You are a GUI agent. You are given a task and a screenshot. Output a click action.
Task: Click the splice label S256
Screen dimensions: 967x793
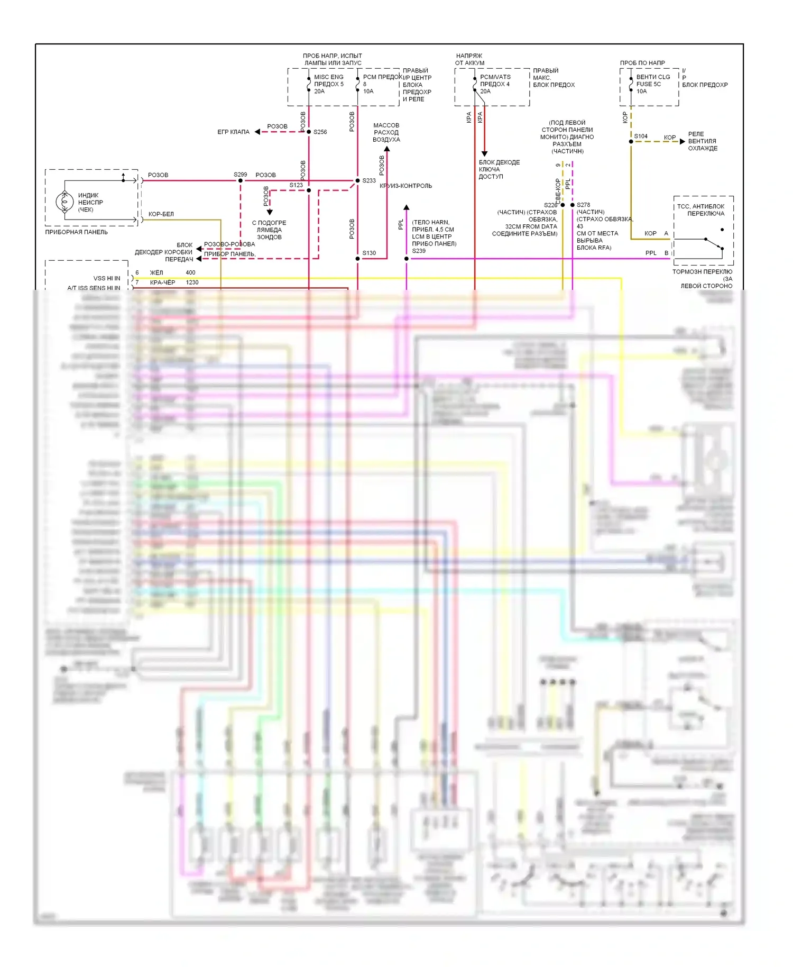(x=320, y=132)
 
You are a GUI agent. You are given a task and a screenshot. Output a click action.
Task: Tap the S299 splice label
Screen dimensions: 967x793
(x=240, y=175)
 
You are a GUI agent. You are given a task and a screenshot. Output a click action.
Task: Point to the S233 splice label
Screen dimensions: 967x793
(x=369, y=181)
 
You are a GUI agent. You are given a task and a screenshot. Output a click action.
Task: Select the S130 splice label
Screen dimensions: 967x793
(x=369, y=253)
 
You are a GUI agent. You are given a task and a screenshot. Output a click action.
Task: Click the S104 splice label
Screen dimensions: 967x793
(x=641, y=136)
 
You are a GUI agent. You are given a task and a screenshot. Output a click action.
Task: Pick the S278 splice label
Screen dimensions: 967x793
(x=583, y=205)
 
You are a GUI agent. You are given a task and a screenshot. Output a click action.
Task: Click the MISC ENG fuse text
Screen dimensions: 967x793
(x=328, y=77)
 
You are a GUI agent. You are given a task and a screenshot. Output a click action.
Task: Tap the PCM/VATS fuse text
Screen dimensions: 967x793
(x=495, y=77)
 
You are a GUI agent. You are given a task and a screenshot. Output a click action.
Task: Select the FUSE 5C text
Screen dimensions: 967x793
(x=648, y=84)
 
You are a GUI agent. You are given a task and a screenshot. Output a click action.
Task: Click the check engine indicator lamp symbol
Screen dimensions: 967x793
(x=64, y=202)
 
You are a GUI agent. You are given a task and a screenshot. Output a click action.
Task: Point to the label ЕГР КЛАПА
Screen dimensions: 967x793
(x=233, y=132)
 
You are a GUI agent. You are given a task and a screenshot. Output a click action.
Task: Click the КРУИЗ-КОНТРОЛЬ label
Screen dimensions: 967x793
(x=405, y=186)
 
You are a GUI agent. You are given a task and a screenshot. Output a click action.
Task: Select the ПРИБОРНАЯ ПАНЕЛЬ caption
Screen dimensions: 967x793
(x=76, y=232)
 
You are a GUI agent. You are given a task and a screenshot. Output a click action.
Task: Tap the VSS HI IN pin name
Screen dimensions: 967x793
(x=106, y=278)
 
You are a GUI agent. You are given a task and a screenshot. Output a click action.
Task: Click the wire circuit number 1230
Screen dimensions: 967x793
(x=192, y=282)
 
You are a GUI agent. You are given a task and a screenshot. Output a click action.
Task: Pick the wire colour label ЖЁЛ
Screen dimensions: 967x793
(x=156, y=273)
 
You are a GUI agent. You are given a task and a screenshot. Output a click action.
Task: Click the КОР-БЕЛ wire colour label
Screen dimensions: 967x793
(x=161, y=214)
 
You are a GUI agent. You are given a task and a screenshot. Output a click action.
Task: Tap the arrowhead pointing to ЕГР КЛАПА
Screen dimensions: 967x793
(x=257, y=132)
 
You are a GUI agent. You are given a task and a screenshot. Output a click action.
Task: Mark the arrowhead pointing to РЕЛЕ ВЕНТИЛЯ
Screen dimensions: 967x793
(x=682, y=142)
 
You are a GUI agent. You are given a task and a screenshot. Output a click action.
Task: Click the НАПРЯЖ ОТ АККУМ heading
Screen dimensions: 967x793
(x=469, y=59)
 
